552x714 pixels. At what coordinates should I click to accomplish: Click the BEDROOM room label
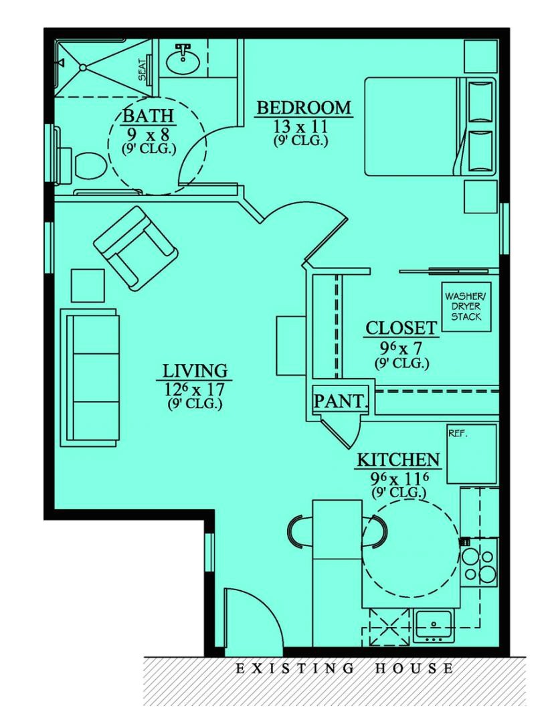tap(303, 108)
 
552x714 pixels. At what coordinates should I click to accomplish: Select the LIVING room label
tap(195, 371)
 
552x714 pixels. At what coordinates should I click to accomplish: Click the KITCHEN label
tap(398, 460)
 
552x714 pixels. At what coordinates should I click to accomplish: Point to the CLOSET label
tap(401, 329)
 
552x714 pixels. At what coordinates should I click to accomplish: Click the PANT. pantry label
tap(341, 401)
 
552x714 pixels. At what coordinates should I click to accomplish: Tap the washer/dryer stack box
tap(466, 304)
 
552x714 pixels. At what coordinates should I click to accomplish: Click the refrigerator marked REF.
tap(472, 454)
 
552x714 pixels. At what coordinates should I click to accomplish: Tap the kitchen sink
tap(435, 624)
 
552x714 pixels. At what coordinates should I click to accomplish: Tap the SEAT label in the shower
tap(143, 68)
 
